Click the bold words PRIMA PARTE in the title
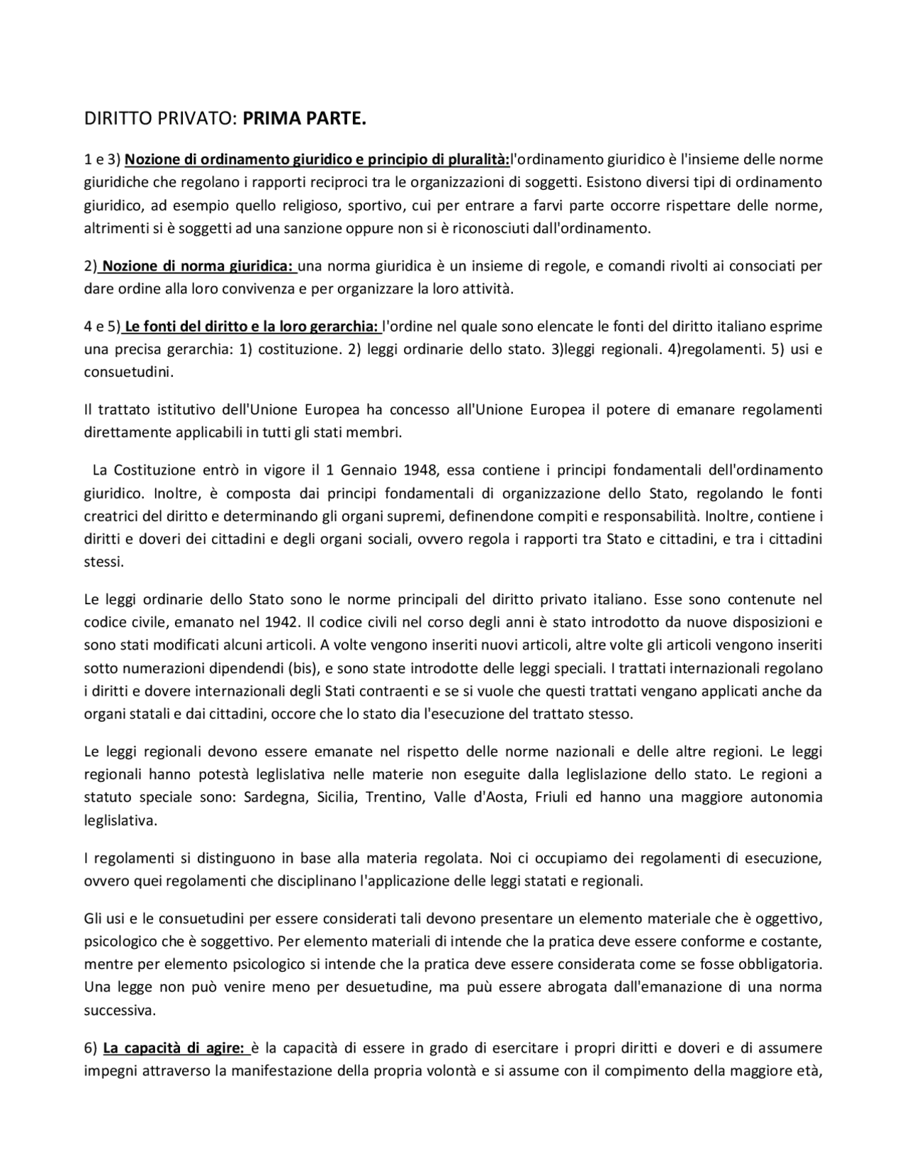[x=305, y=119]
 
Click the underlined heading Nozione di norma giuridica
[x=198, y=266]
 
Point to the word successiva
[x=119, y=1010]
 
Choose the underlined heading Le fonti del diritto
[x=252, y=327]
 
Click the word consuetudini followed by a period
[x=128, y=372]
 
